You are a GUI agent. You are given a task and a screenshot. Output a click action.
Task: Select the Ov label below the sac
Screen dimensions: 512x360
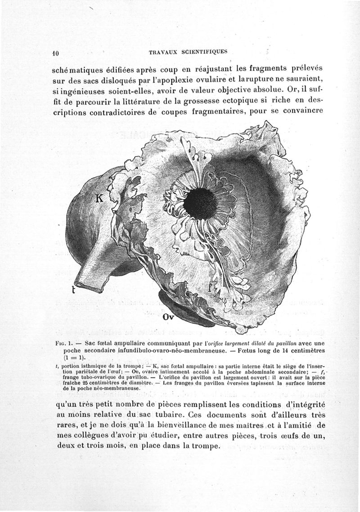(x=168, y=317)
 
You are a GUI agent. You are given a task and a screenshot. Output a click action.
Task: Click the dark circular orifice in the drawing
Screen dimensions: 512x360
(x=200, y=204)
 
